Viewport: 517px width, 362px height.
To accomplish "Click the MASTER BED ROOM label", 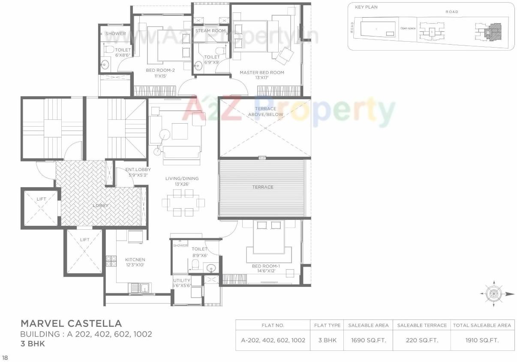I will coord(262,73).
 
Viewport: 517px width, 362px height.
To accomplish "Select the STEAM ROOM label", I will coord(210,31).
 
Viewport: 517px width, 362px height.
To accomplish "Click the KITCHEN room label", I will coord(135,260).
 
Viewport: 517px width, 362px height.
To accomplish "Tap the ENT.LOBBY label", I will coord(138,170).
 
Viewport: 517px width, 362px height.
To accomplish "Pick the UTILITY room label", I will coord(182,280).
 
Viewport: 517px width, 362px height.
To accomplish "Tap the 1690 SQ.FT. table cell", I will coord(368,340).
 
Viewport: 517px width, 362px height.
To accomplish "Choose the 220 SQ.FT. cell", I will coord(422,340).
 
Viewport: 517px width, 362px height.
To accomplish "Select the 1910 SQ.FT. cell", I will coord(482,340).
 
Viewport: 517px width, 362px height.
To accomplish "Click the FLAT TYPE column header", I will coord(327,325).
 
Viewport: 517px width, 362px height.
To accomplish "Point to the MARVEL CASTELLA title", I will coord(71,323).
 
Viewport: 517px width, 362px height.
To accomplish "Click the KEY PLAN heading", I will coord(366,7).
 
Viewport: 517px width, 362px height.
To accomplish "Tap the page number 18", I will coord(5,357).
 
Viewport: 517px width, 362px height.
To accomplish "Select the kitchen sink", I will coord(141,287).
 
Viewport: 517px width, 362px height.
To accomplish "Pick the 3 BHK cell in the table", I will coord(327,340).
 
